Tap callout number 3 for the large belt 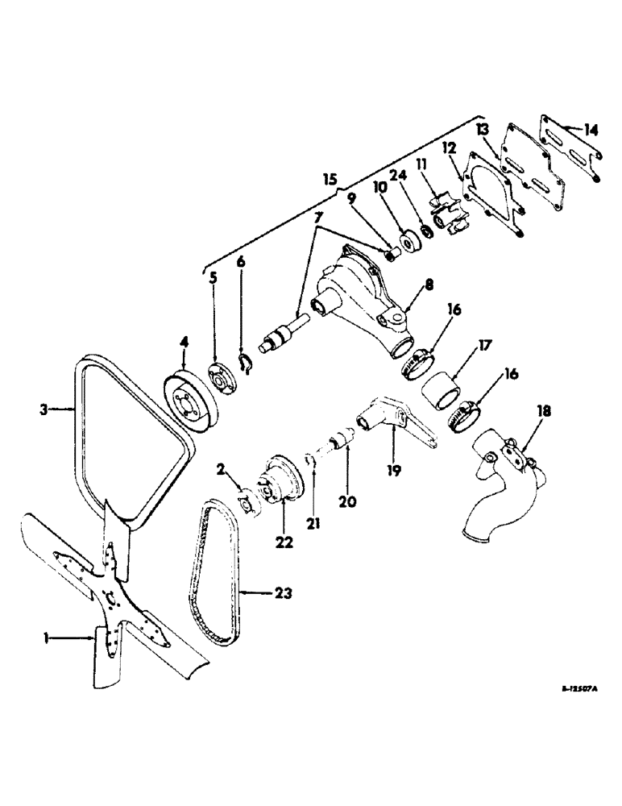tap(44, 409)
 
